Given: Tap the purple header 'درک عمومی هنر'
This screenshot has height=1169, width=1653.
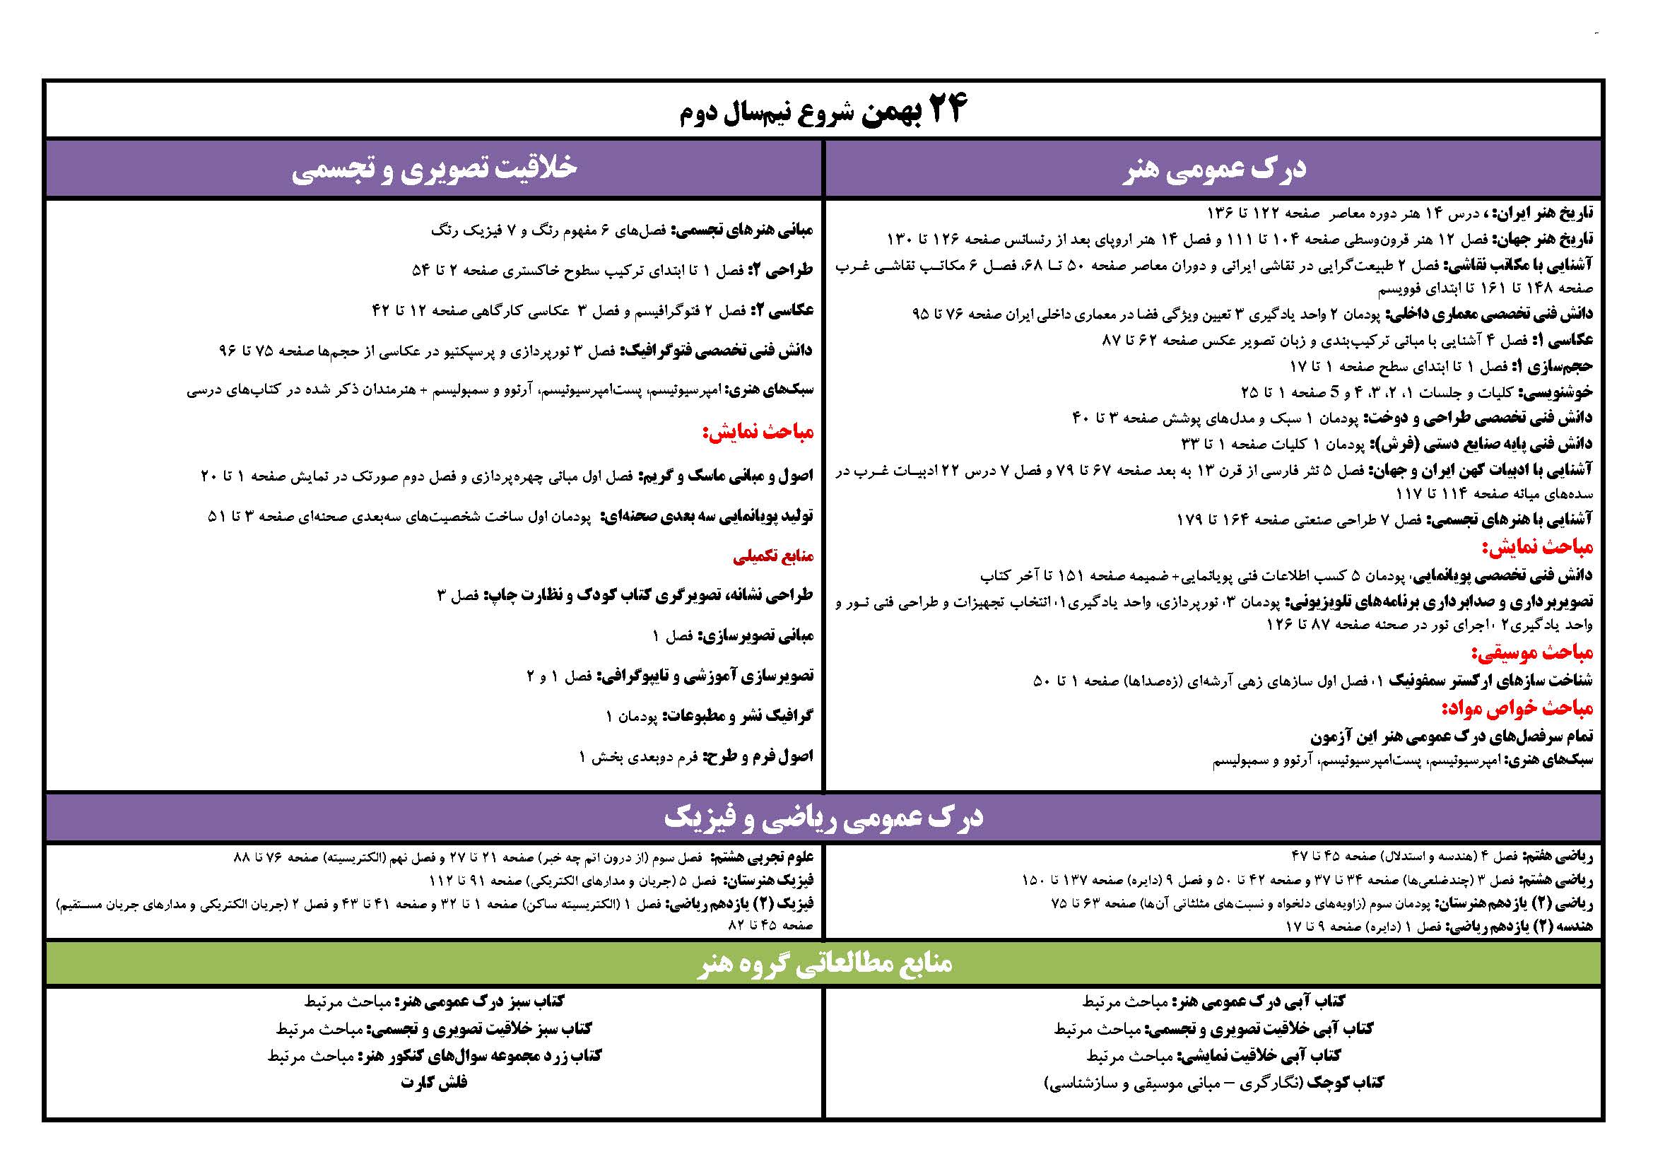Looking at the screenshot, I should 1214,170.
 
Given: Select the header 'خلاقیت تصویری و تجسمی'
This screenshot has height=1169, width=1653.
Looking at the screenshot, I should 433,168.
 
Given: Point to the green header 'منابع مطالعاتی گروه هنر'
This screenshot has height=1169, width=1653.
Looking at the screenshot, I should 824,963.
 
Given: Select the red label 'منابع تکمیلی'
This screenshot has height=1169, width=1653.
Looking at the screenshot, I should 773,556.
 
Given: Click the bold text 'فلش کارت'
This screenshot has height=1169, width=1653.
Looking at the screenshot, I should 434,1083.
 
